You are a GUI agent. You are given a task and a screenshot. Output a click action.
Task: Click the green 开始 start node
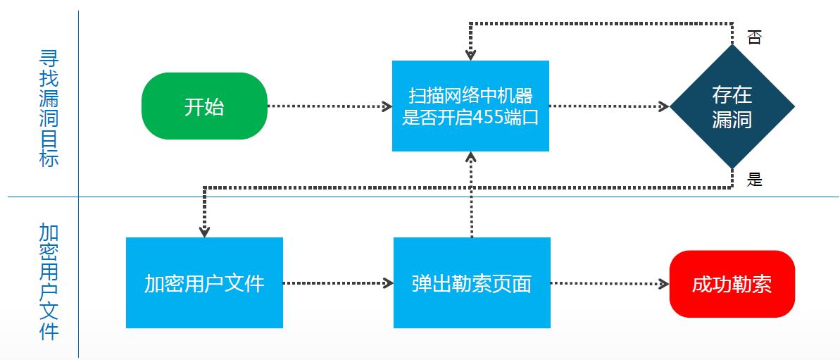click(x=204, y=106)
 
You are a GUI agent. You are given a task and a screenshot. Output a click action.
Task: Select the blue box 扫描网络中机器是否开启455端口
click(x=470, y=106)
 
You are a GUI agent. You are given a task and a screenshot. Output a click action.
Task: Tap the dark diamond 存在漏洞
click(x=732, y=106)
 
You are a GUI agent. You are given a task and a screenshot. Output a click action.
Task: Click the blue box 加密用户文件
click(x=204, y=283)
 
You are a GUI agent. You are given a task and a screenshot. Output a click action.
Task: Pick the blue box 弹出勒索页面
click(x=471, y=283)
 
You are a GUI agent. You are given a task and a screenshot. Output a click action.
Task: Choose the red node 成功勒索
click(x=732, y=283)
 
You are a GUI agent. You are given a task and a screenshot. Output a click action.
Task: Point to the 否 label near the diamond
click(x=754, y=37)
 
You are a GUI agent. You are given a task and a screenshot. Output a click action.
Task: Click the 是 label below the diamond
click(x=755, y=180)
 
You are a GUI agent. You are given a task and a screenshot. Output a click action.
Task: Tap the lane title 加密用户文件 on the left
click(x=49, y=282)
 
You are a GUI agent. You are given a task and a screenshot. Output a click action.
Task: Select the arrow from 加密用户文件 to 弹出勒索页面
click(x=338, y=283)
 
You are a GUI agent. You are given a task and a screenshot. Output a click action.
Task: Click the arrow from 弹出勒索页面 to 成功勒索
click(x=609, y=283)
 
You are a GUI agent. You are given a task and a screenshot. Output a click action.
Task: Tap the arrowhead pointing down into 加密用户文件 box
click(x=204, y=231)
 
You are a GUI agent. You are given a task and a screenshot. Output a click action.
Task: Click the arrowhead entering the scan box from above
click(x=470, y=54)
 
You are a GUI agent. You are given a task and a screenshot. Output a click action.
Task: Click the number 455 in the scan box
click(x=489, y=118)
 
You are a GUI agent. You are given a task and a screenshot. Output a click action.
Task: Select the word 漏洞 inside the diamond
click(x=732, y=119)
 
